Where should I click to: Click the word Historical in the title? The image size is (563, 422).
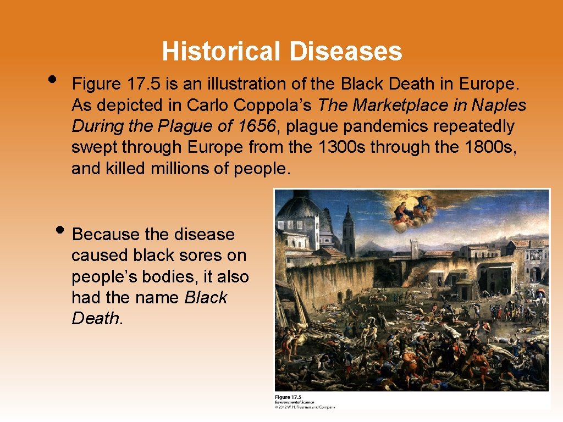[x=222, y=52]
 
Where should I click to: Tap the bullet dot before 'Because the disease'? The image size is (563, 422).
[x=62, y=230]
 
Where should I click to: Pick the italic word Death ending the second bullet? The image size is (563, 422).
[x=95, y=319]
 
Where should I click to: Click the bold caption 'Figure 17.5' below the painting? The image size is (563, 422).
[x=288, y=397]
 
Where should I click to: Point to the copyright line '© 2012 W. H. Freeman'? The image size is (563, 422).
[x=305, y=407]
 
